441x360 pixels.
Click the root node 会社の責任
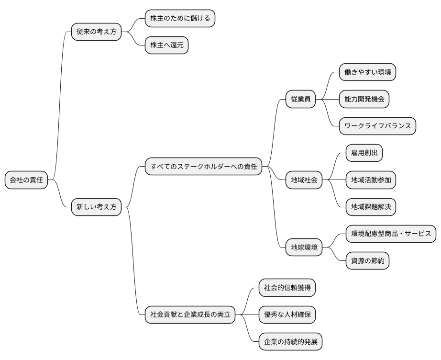[x=26, y=180]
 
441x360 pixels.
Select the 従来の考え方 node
[x=96, y=32]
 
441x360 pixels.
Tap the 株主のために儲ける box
[x=180, y=18]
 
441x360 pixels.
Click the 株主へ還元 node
[x=166, y=45]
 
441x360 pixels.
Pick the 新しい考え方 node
[x=96, y=207]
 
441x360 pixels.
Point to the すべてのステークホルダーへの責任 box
[x=203, y=167]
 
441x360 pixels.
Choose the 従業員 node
[x=301, y=99]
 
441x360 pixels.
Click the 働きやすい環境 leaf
[x=367, y=72]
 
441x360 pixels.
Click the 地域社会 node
[x=304, y=180]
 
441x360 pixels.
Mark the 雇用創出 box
[x=364, y=153]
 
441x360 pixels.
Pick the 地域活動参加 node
[x=371, y=180]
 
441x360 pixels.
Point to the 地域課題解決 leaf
[x=371, y=207]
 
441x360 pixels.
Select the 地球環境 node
[x=304, y=247]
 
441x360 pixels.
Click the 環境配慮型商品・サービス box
[x=390, y=234]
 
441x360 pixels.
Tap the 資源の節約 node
[x=367, y=261]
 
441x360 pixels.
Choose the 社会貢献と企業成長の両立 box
[x=190, y=315]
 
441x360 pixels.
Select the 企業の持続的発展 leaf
[x=290, y=342]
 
